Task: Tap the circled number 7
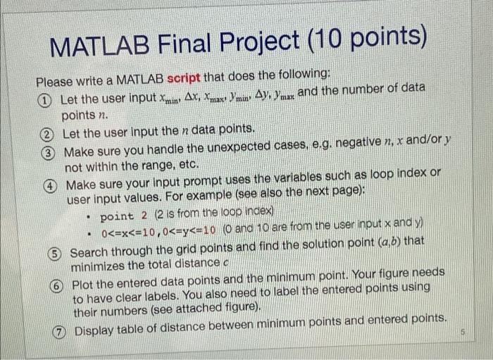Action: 62,329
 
